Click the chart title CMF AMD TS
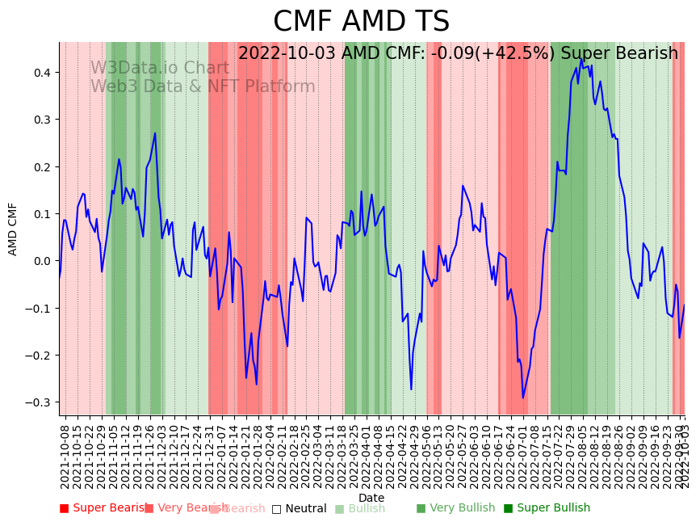coord(361,22)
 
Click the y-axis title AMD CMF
coord(13,229)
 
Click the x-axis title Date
coord(371,498)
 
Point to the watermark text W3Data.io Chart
coord(159,68)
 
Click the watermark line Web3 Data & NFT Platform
coord(203,86)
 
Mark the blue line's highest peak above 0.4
coord(581,58)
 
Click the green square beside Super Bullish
coord(508,508)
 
